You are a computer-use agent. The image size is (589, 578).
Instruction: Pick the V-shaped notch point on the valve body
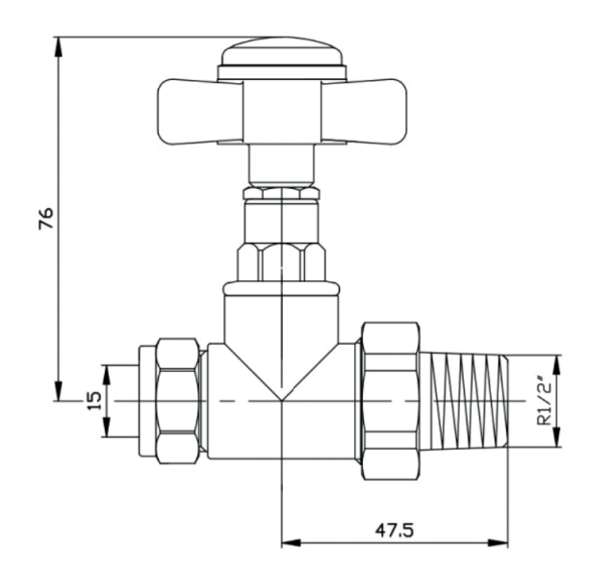coord(280,398)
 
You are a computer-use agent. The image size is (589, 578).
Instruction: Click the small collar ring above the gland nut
coord(280,193)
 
